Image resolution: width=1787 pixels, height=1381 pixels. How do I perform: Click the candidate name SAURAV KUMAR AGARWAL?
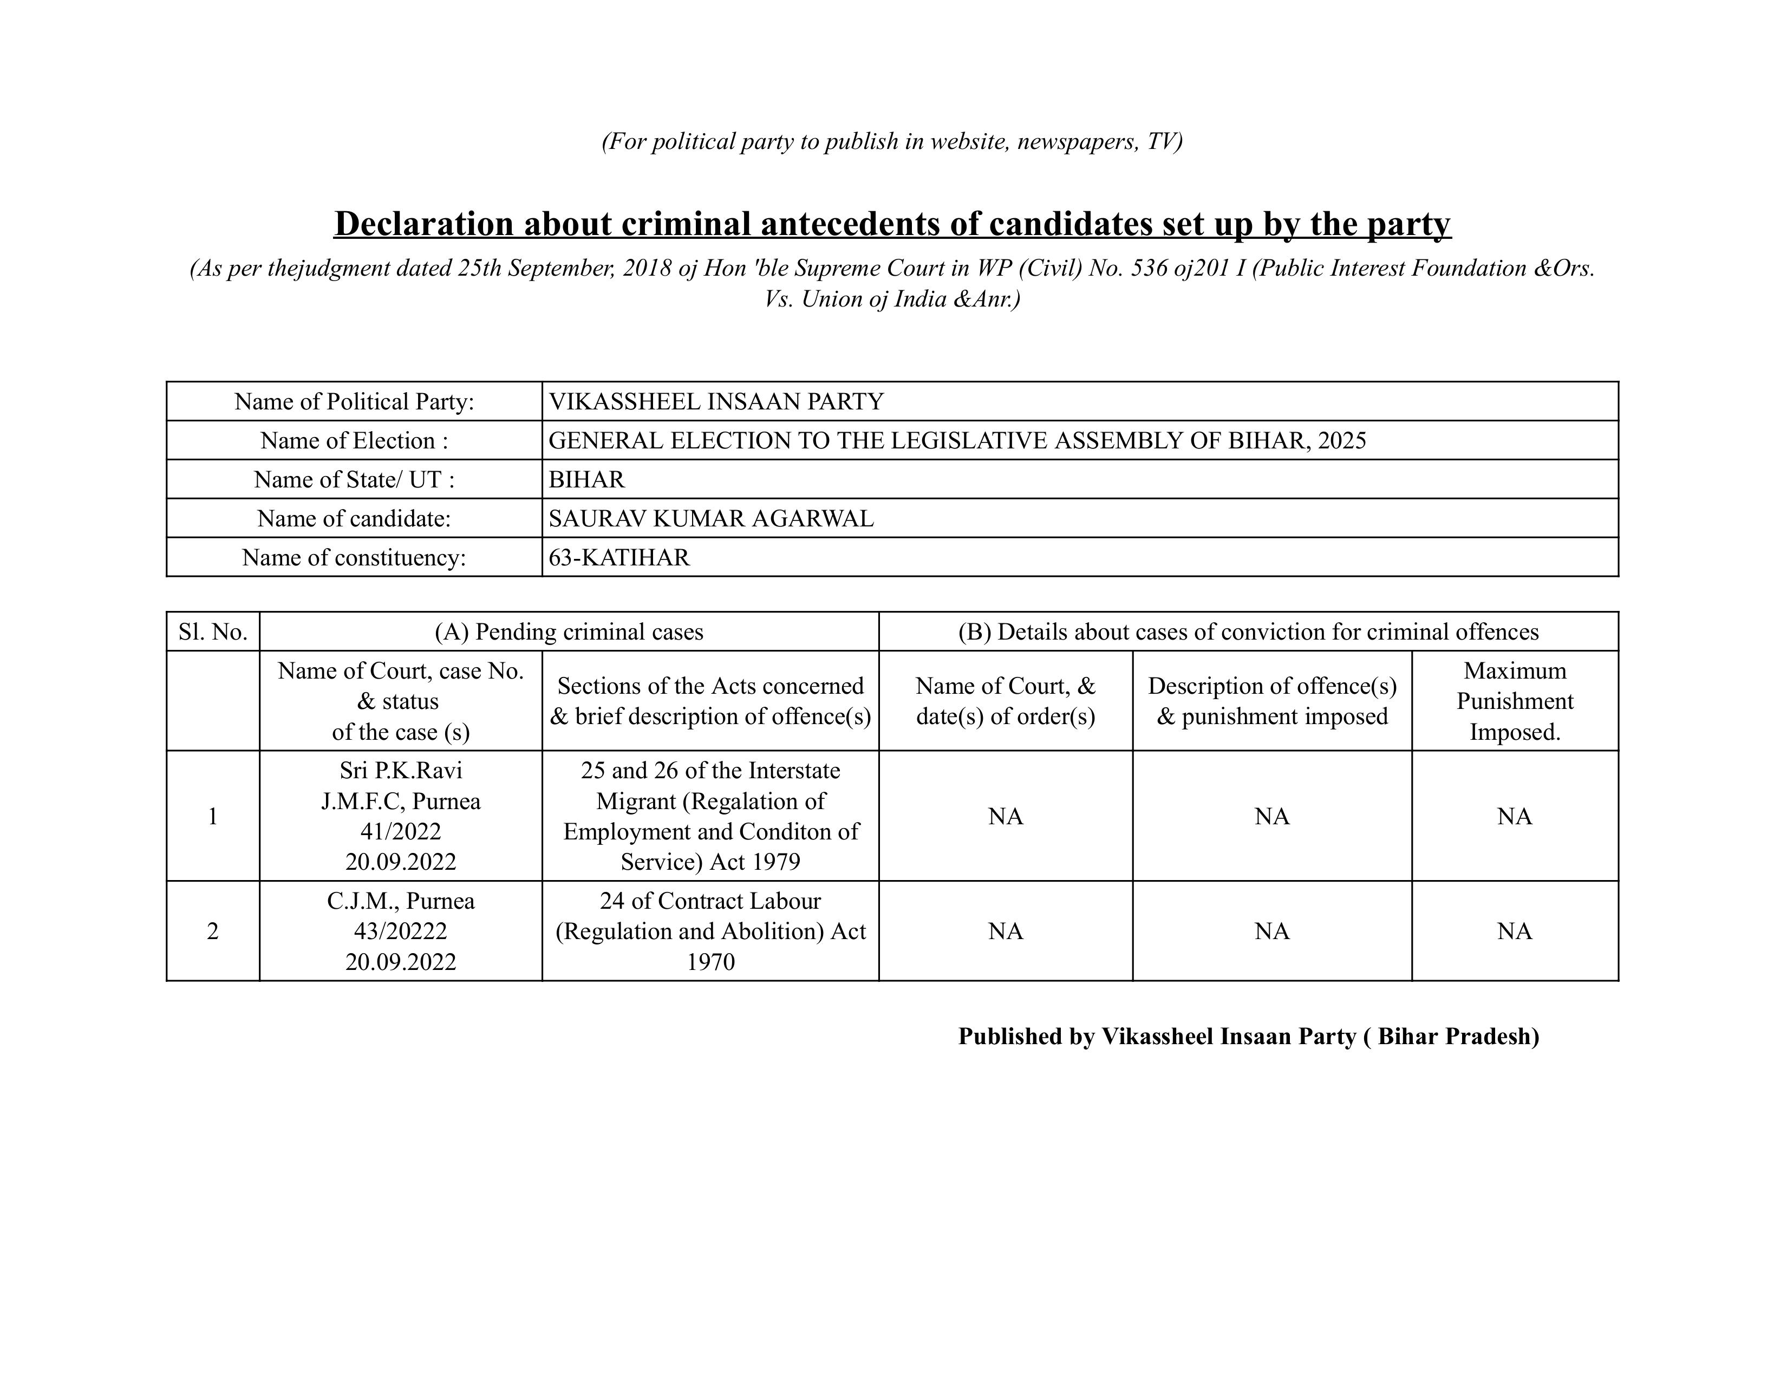click(x=710, y=518)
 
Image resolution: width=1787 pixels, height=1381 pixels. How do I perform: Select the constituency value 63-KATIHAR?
click(x=618, y=557)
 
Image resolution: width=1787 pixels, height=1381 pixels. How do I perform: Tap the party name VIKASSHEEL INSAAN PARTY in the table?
click(x=716, y=401)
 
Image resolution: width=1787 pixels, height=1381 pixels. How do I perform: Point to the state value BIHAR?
click(x=586, y=479)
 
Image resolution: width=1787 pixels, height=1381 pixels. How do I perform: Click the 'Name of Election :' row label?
click(x=354, y=440)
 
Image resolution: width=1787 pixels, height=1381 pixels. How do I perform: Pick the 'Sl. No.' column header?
click(x=213, y=631)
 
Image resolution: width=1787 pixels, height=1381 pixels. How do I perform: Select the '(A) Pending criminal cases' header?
click(x=569, y=631)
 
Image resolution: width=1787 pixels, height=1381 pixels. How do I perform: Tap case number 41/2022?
click(x=400, y=831)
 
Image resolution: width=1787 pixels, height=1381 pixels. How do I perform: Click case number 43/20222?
click(x=400, y=931)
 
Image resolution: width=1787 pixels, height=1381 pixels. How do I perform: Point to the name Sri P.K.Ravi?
click(x=400, y=770)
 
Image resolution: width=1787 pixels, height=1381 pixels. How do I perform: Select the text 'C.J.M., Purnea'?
click(x=400, y=901)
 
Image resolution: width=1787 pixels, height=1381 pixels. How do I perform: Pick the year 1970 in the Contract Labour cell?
click(x=710, y=961)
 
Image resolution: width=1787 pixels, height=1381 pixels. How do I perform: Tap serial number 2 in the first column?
click(x=213, y=931)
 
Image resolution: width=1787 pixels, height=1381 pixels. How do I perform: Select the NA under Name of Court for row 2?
click(x=1006, y=931)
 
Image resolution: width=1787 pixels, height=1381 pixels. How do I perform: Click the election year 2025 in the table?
click(x=1342, y=440)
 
